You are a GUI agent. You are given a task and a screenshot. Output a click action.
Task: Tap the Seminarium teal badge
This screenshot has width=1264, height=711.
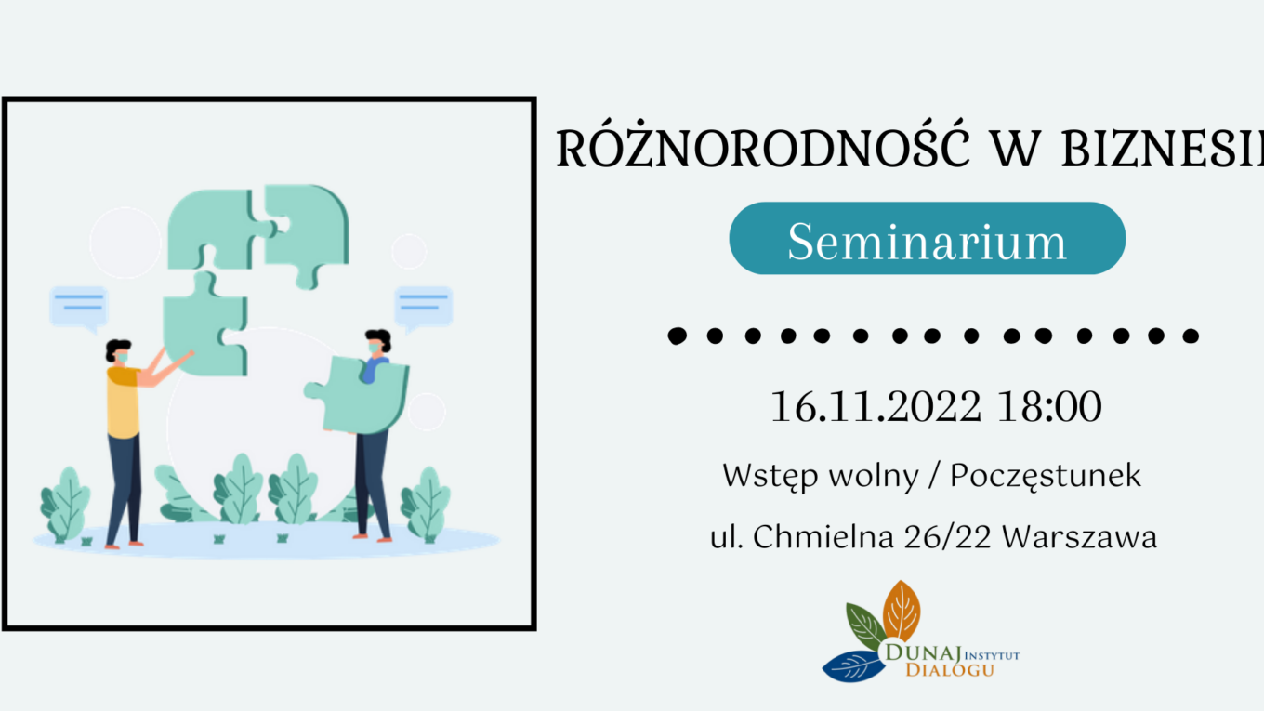click(x=928, y=238)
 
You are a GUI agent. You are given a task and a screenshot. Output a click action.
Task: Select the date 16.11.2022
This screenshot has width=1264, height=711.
click(x=876, y=406)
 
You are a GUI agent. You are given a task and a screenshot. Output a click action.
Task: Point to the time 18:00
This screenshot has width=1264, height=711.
click(x=1049, y=406)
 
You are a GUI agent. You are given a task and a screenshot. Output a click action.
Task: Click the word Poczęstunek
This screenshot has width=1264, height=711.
click(x=1045, y=477)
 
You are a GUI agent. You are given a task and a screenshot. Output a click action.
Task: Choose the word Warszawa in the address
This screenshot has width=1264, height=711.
click(x=1079, y=536)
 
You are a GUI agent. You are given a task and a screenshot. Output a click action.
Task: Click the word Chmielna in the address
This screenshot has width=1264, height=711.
click(x=823, y=536)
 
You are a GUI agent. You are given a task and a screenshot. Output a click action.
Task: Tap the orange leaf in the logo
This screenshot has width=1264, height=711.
click(x=902, y=612)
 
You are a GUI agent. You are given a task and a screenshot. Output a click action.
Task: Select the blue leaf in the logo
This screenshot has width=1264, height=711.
click(x=854, y=666)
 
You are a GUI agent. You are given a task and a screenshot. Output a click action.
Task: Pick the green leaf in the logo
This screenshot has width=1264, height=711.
click(x=866, y=626)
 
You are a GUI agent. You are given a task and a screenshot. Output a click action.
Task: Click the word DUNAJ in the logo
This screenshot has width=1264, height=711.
click(x=923, y=652)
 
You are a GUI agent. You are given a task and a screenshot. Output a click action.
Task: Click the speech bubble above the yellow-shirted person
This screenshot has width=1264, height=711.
click(x=78, y=309)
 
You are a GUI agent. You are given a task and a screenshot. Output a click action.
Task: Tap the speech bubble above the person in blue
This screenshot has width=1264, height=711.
click(x=423, y=309)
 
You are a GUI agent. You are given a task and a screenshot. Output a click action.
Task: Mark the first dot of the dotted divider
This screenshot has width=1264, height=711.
click(x=678, y=336)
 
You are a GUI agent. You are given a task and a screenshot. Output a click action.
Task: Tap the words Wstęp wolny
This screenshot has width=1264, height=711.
click(x=821, y=477)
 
